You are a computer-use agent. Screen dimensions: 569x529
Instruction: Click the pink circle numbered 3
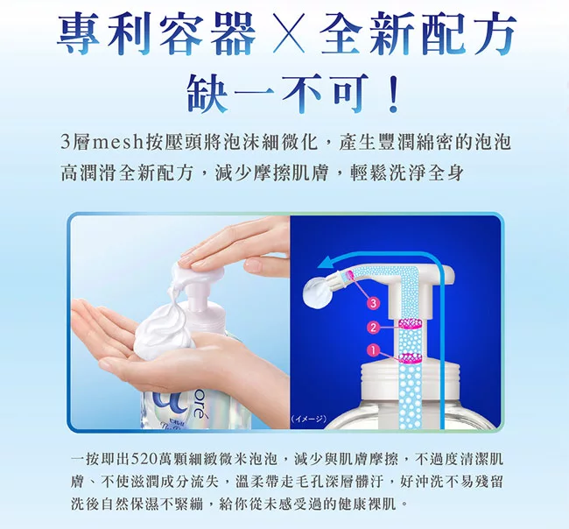(374, 303)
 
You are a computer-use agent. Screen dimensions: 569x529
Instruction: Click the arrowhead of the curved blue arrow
(327, 263)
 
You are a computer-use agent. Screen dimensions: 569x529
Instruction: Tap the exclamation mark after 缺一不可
(393, 94)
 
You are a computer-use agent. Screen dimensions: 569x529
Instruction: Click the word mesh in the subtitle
(117, 143)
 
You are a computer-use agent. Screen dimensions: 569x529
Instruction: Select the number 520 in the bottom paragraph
(144, 459)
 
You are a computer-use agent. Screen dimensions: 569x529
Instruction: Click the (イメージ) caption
(309, 419)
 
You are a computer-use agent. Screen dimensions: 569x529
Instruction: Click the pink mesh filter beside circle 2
(411, 323)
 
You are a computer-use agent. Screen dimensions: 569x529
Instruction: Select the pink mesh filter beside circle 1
(411, 357)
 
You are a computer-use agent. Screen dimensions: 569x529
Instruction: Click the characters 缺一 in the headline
(228, 94)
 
